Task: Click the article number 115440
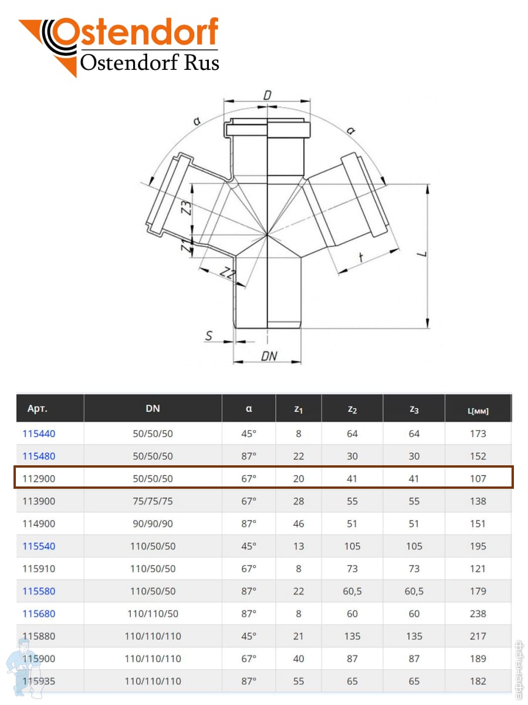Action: [39, 434]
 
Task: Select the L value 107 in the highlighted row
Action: [478, 479]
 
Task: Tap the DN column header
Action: [153, 408]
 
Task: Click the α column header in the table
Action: [248, 408]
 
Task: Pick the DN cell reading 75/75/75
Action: [153, 501]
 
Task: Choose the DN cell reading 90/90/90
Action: [153, 523]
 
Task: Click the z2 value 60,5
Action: [352, 591]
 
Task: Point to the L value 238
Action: [478, 613]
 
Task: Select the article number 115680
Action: [39, 613]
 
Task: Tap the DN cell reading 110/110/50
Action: [153, 613]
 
